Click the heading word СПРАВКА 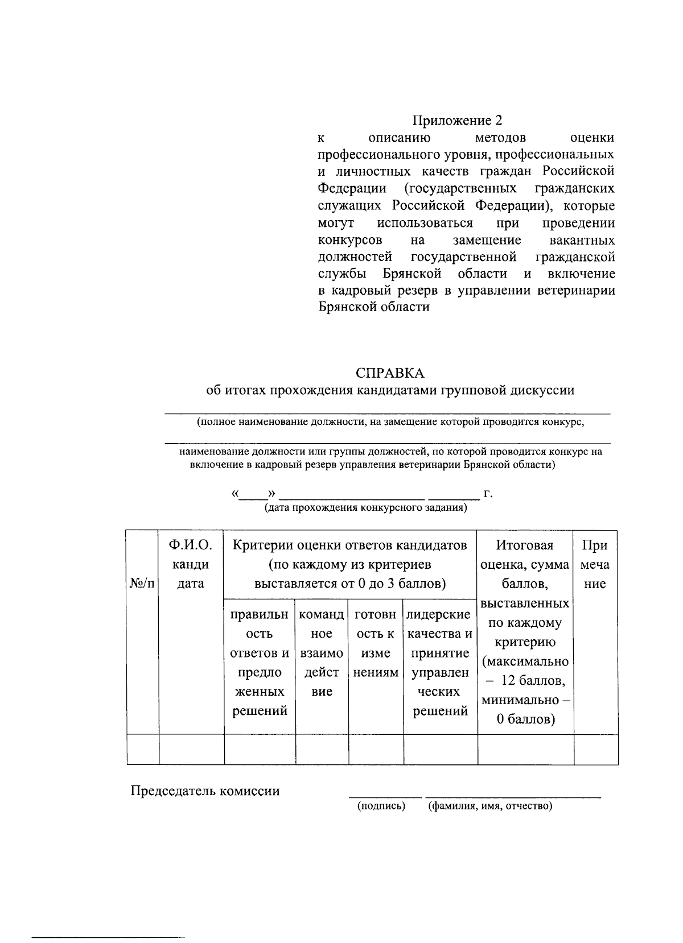tap(390, 373)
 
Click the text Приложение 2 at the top tap(458, 121)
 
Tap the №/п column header tap(142, 584)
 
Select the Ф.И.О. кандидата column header tap(191, 564)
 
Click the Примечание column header tap(595, 564)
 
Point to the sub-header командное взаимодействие tap(322, 653)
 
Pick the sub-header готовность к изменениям tap(375, 643)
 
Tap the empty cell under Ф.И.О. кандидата tap(191, 748)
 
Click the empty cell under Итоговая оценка tap(525, 748)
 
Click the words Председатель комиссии tap(205, 791)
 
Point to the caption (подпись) tap(381, 806)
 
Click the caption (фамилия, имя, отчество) tap(490, 806)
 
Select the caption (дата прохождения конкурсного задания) tap(365, 507)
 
